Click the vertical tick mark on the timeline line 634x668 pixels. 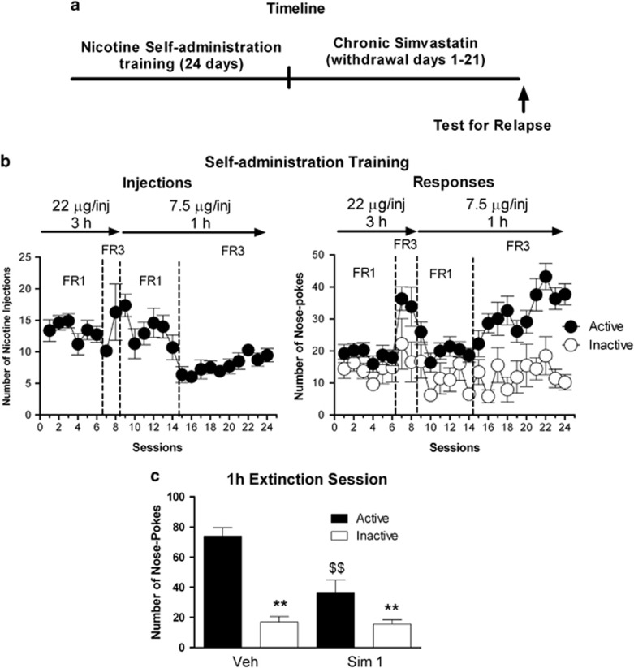click(x=290, y=80)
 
